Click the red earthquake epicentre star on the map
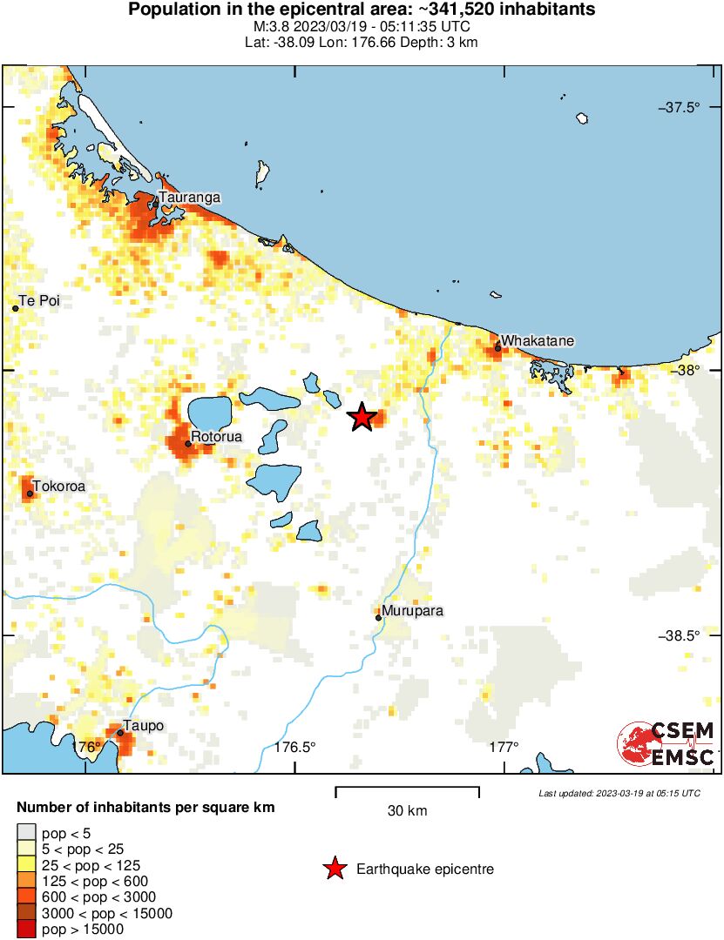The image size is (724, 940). click(x=362, y=418)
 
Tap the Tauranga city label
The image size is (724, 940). click(x=189, y=198)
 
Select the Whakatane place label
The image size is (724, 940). click(x=538, y=341)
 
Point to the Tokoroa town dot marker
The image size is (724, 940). click(x=30, y=493)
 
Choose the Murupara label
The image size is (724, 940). click(x=414, y=611)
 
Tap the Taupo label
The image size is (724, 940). click(x=144, y=726)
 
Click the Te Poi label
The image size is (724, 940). click(x=40, y=301)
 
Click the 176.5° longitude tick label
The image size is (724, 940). click(x=294, y=747)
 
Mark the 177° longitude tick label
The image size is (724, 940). click(x=504, y=747)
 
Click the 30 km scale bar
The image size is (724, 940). click(x=407, y=789)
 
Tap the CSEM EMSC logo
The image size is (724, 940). click(x=666, y=744)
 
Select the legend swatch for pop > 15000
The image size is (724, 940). click(x=27, y=930)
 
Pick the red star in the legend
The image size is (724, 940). click(x=334, y=869)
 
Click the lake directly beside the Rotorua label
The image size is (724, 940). click(x=210, y=410)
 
